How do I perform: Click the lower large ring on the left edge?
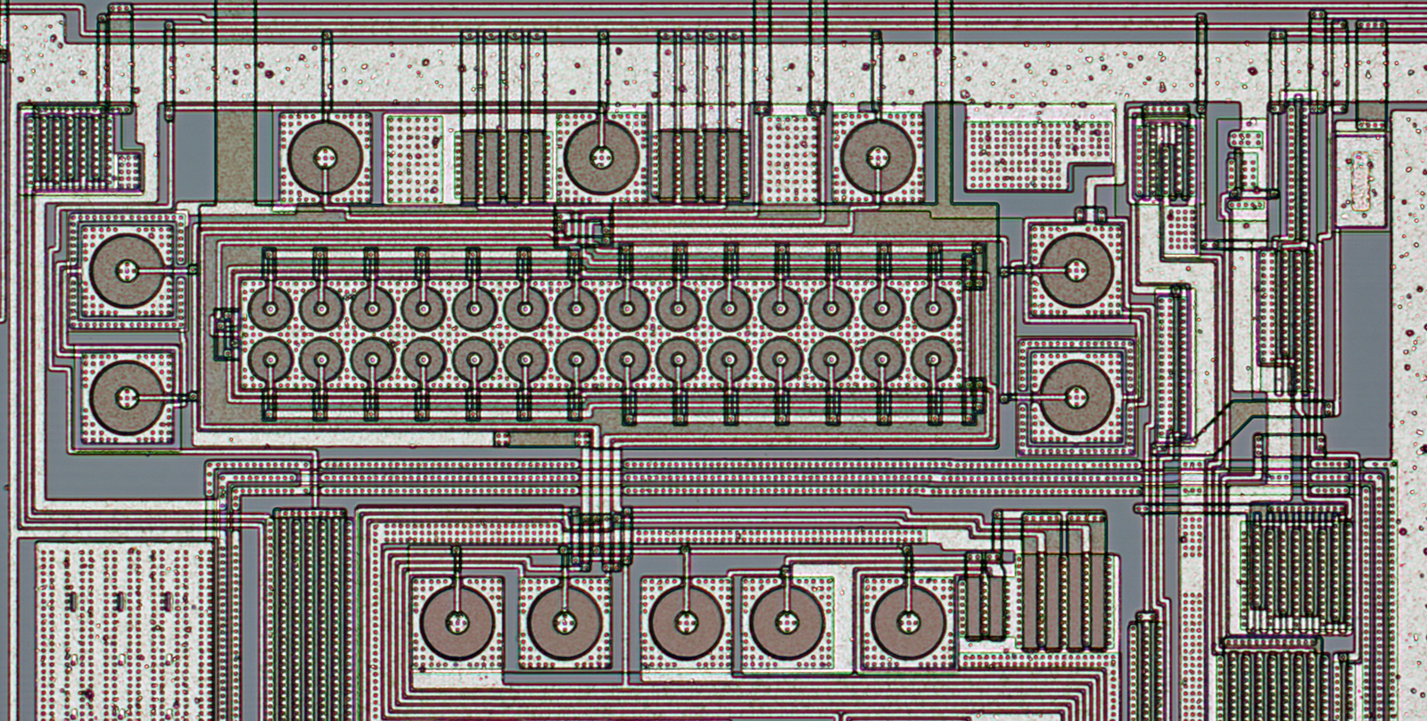click(x=128, y=397)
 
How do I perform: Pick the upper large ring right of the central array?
click(x=1076, y=270)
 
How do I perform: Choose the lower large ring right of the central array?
click(x=1076, y=397)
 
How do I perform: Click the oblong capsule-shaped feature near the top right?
click(x=1360, y=182)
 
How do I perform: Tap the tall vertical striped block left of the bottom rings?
click(x=309, y=615)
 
